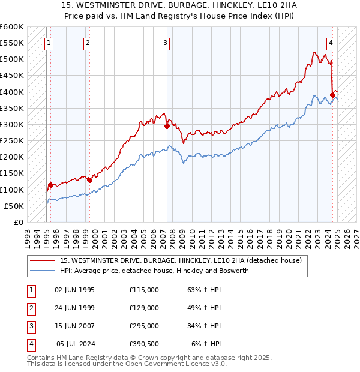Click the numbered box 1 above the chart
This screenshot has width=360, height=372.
49,43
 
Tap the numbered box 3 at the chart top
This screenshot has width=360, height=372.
165,43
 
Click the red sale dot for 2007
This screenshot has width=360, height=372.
167,126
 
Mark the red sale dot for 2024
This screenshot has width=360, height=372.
332,95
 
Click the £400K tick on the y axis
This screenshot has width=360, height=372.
13,92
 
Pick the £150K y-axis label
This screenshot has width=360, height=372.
13,173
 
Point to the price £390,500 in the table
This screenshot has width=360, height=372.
144,344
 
